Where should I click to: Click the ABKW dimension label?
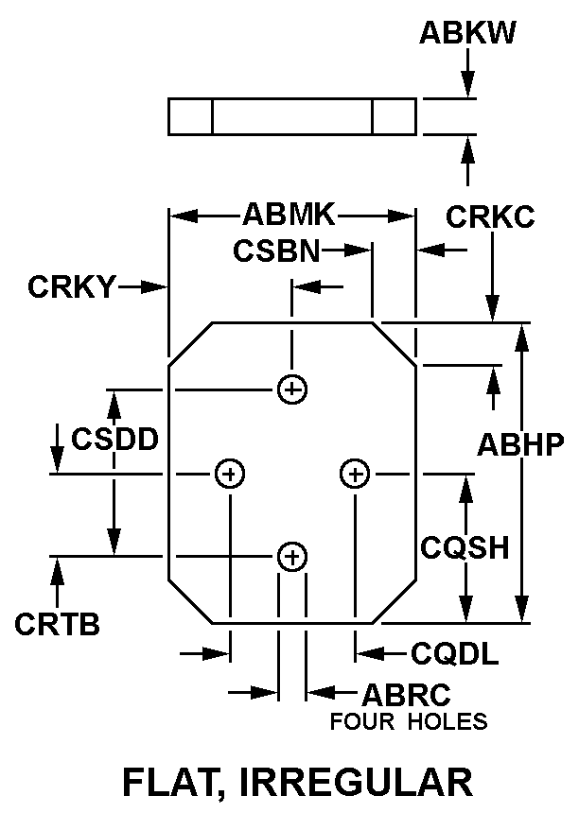click(467, 33)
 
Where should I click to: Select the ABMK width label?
click(289, 215)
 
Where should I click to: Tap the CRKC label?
click(490, 217)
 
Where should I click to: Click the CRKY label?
click(71, 285)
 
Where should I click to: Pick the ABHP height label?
click(520, 444)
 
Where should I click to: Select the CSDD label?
click(114, 440)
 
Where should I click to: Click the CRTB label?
click(58, 624)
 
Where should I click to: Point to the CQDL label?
click(455, 653)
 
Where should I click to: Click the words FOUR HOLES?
click(409, 722)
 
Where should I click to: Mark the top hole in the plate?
click(292, 389)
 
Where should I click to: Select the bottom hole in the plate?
click(292, 557)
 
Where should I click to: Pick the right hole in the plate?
click(355, 473)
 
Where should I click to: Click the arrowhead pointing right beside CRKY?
click(156, 285)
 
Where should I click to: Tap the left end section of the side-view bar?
click(190, 116)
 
